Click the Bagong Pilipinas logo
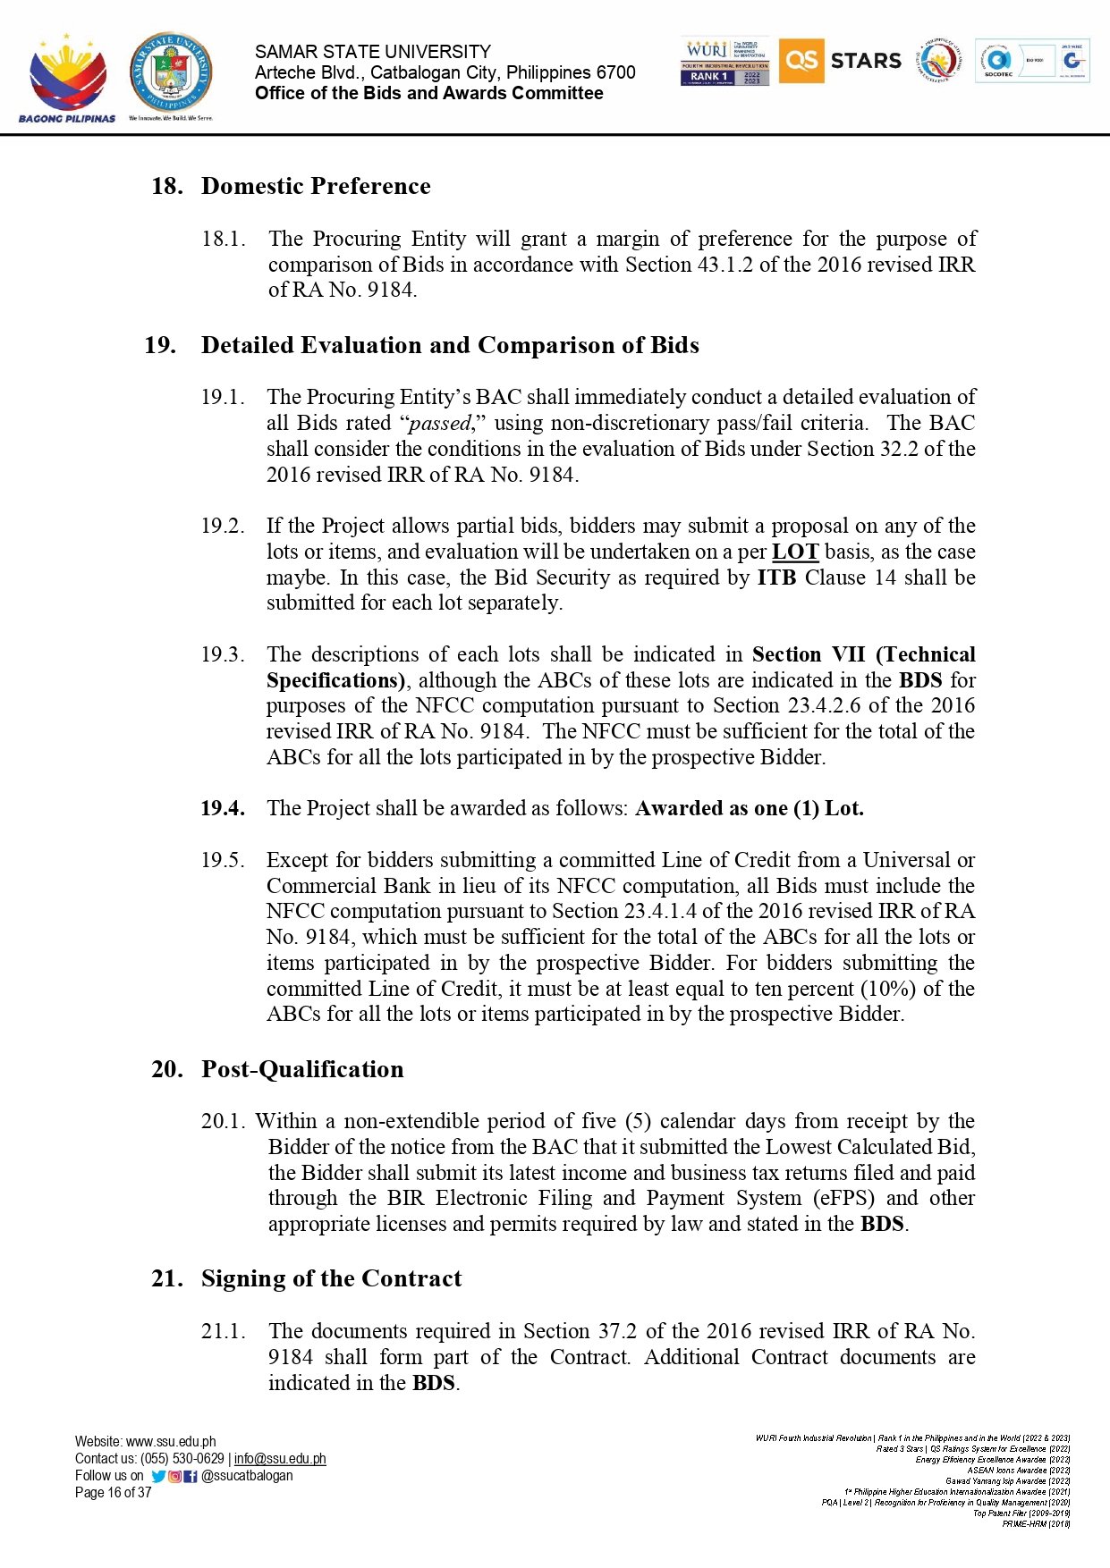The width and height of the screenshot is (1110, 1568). point(67,79)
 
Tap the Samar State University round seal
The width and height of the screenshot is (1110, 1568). point(171,73)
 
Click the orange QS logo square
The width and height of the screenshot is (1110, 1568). point(801,61)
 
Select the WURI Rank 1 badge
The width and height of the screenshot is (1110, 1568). point(724,62)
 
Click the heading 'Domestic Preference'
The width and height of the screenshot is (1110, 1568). point(316,186)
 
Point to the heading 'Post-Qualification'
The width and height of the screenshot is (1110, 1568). point(302,1069)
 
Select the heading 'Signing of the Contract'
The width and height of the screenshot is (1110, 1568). point(331,1278)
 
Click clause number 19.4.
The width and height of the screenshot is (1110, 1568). point(223,808)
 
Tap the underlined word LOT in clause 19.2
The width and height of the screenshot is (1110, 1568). point(794,552)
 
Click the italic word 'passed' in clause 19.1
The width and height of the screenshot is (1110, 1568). point(439,423)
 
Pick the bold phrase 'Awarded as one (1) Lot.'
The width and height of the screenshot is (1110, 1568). point(750,808)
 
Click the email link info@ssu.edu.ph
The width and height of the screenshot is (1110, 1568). point(280,1458)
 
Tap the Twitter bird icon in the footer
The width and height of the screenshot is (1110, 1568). point(158,1476)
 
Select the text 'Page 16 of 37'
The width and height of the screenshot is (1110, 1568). point(114,1492)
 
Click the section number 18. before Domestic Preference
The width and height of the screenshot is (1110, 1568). point(167,186)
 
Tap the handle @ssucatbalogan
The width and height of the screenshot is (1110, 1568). point(247,1475)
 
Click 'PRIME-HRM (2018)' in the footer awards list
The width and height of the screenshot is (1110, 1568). point(1036,1523)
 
